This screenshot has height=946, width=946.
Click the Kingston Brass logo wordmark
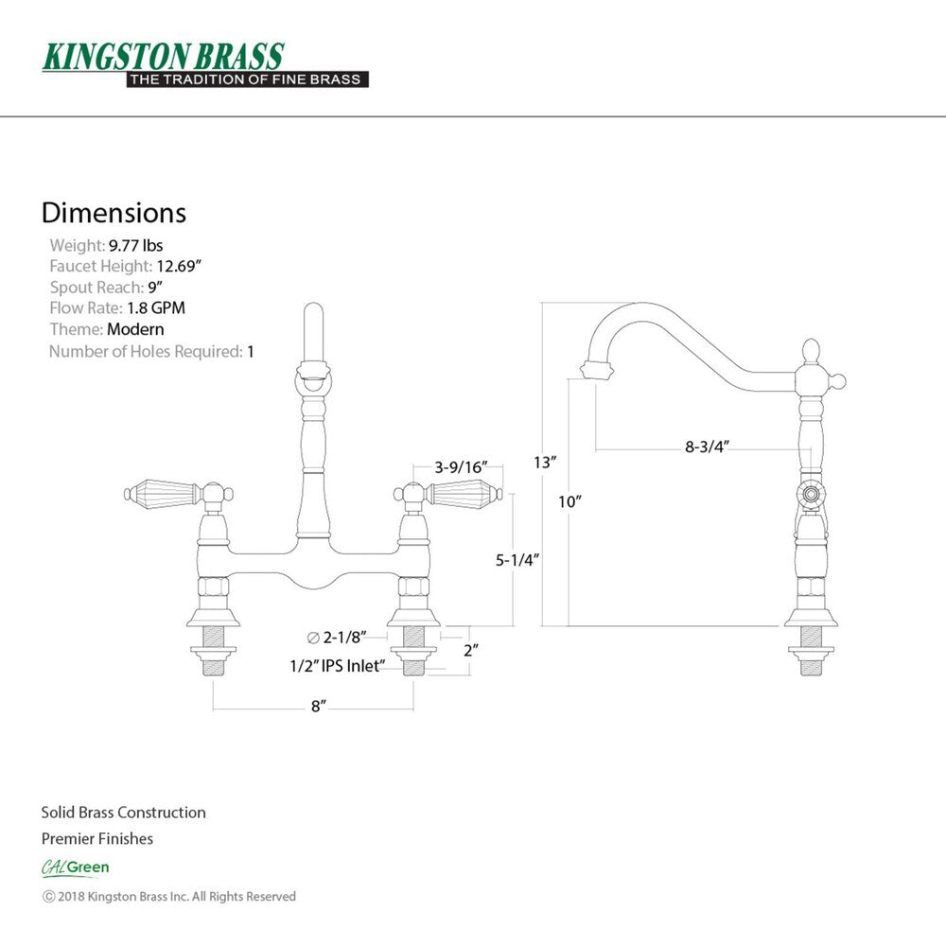[x=163, y=57]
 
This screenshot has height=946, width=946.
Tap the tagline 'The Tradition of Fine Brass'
[x=246, y=79]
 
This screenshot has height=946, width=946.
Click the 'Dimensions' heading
[x=114, y=213]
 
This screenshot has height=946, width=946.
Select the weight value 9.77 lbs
[x=135, y=246]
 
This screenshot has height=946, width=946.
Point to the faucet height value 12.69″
[x=179, y=266]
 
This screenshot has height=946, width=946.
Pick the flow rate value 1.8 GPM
[x=156, y=307]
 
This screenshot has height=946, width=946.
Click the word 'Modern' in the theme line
[x=135, y=329]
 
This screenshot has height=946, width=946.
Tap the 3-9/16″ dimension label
[x=461, y=467]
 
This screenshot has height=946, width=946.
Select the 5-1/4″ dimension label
[x=517, y=560]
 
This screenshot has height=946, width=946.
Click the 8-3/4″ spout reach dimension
[x=707, y=447]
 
